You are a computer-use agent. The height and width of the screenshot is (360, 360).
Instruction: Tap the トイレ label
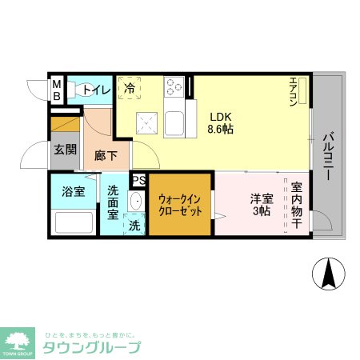94,90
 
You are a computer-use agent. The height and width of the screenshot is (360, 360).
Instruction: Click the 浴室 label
73,191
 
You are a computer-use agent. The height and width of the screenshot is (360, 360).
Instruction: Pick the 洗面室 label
114,203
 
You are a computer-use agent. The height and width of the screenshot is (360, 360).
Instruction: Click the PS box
138,181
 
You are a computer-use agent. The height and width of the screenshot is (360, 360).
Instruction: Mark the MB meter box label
57,90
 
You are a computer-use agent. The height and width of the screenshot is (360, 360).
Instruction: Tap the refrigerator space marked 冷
129,90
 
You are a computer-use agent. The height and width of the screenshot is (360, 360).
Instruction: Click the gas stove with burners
175,86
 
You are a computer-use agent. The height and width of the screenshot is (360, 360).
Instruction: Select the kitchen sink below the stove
175,125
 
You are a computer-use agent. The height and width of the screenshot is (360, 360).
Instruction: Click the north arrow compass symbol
327,275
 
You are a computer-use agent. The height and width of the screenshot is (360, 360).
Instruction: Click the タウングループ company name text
91,347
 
